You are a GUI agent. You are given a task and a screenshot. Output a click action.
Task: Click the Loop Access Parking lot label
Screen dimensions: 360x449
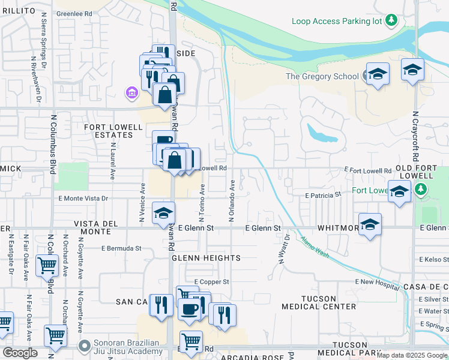point(337,21)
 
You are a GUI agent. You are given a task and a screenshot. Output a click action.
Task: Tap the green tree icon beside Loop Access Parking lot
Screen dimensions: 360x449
point(391,21)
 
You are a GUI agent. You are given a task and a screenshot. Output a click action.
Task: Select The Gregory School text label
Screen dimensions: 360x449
point(322,76)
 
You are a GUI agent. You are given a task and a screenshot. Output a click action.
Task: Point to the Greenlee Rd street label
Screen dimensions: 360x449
point(74,13)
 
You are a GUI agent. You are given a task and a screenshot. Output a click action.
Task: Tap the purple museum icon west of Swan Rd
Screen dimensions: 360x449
point(131,92)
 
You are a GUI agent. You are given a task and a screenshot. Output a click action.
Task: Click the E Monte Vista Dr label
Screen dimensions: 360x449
point(83,198)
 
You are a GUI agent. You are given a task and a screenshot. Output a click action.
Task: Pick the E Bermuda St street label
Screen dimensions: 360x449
point(121,248)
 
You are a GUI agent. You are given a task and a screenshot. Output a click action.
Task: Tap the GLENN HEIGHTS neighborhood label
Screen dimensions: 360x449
point(206,258)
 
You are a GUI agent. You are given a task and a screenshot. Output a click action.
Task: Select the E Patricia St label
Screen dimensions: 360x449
point(323,195)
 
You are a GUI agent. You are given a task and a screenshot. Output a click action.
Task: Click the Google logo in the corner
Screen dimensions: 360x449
point(20,353)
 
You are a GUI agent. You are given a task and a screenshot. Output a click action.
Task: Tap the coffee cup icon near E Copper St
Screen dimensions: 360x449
point(190,310)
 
